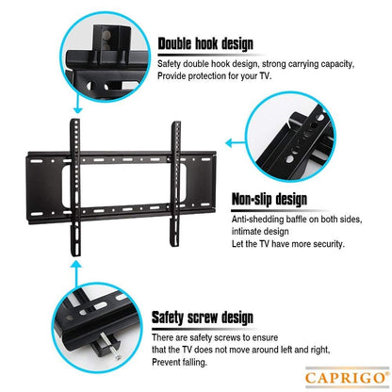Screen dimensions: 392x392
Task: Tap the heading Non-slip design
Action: pyautogui.click(x=269, y=199)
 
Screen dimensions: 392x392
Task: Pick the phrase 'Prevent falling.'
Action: pyautogui.click(x=186, y=362)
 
